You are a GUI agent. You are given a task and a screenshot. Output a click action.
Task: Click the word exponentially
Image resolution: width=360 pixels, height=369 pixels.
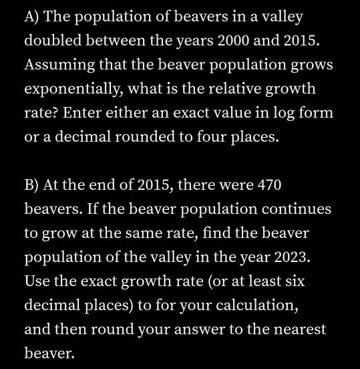pyautogui.click(x=73, y=89)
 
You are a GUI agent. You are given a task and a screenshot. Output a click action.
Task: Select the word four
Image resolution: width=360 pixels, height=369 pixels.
pyautogui.click(x=212, y=137)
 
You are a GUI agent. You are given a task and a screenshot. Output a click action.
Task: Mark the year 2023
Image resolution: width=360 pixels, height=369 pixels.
pyautogui.click(x=293, y=257)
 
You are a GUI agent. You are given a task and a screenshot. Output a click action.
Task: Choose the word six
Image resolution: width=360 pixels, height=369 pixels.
pyautogui.click(x=294, y=281)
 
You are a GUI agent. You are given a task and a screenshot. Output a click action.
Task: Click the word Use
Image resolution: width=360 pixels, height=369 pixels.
pyautogui.click(x=37, y=281)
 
